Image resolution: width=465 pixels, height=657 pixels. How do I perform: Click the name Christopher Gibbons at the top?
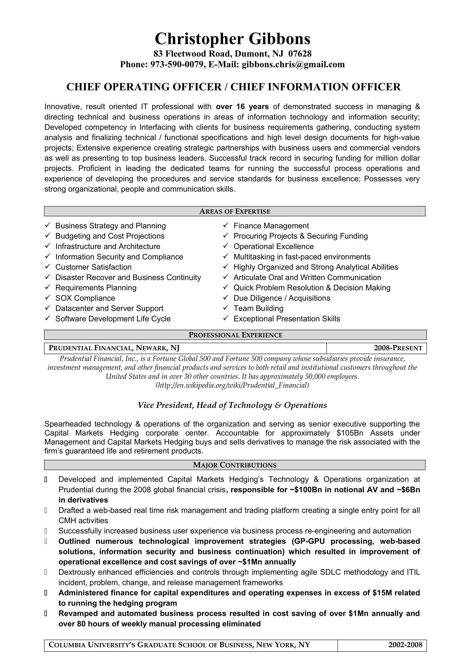tap(232, 39)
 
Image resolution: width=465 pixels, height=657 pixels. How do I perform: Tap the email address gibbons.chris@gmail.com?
tap(293, 64)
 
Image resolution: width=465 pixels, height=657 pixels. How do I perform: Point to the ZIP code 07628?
tap(300, 54)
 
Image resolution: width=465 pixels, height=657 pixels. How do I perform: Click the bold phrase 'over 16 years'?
tap(242, 107)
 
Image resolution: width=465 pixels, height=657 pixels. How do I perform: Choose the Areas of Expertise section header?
tap(234, 212)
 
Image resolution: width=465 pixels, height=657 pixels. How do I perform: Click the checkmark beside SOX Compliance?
tap(48, 297)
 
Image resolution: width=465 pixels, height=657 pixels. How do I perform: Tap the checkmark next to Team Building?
tap(226, 308)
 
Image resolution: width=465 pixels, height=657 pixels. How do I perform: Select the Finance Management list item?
tap(271, 226)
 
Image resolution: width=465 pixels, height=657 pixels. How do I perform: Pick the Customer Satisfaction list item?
tap(93, 267)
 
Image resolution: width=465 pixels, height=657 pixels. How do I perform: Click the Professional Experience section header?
tap(235, 335)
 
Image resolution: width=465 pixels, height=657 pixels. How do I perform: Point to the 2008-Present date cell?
tap(398, 348)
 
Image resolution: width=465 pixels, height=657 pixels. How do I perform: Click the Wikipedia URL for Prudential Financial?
tap(232, 385)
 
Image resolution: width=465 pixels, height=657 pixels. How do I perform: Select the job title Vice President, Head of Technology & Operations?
tap(232, 405)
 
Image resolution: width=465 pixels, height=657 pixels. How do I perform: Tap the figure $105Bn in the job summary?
tap(350, 433)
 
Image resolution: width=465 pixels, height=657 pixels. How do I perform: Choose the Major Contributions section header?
tap(234, 465)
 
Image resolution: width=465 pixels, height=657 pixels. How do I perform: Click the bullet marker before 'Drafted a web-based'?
tap(46, 510)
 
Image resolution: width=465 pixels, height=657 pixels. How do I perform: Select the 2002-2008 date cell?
tap(405, 645)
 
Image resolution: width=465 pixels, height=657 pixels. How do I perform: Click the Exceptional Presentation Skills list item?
tap(286, 319)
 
